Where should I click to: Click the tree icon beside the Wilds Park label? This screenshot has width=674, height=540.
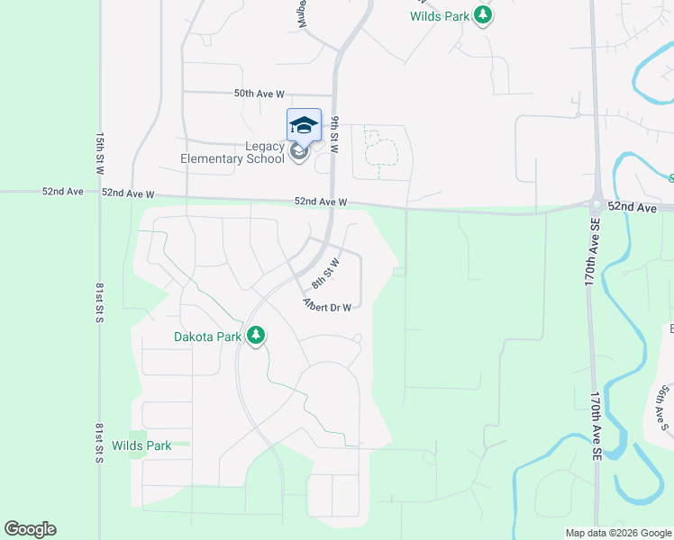click(484, 14)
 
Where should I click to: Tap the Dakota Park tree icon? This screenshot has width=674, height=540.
click(257, 336)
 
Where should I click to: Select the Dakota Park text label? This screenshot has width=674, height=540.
click(208, 337)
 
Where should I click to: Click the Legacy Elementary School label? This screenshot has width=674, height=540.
click(232, 153)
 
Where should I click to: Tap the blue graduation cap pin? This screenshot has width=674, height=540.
click(304, 125)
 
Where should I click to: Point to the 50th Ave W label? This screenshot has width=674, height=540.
click(259, 94)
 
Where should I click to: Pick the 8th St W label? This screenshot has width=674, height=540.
click(325, 274)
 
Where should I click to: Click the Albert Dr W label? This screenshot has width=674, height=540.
click(326, 306)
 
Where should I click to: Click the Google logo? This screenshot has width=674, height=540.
click(30, 529)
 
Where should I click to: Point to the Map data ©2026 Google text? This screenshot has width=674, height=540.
click(618, 533)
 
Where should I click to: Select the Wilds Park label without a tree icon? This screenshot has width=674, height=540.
click(141, 445)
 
